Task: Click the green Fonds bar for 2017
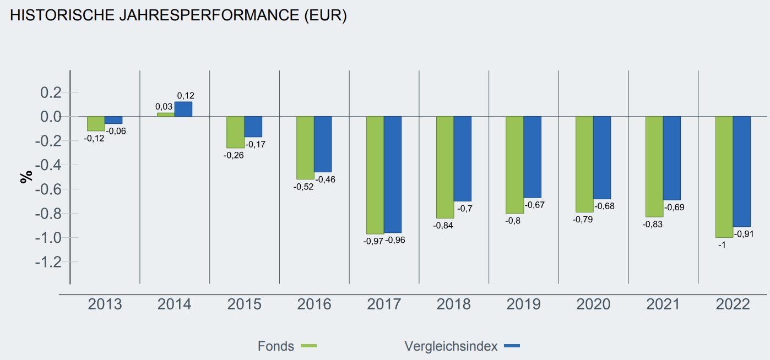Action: [375, 175]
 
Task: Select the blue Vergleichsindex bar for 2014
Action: [183, 109]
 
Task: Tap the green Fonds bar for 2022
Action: [724, 177]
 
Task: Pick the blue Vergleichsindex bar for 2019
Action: [533, 157]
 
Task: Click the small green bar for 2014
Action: [166, 114]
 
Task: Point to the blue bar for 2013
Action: [113, 120]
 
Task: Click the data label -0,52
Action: [303, 187]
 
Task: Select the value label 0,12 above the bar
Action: [186, 96]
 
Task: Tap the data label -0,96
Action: [395, 240]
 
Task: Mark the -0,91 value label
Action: [744, 234]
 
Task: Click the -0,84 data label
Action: [443, 225]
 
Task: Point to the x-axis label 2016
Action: [314, 304]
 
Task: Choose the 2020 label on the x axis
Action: [593, 304]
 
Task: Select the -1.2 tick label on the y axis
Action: [48, 262]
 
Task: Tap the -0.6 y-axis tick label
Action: [48, 189]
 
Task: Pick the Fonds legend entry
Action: [276, 346]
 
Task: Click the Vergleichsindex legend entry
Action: [451, 346]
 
